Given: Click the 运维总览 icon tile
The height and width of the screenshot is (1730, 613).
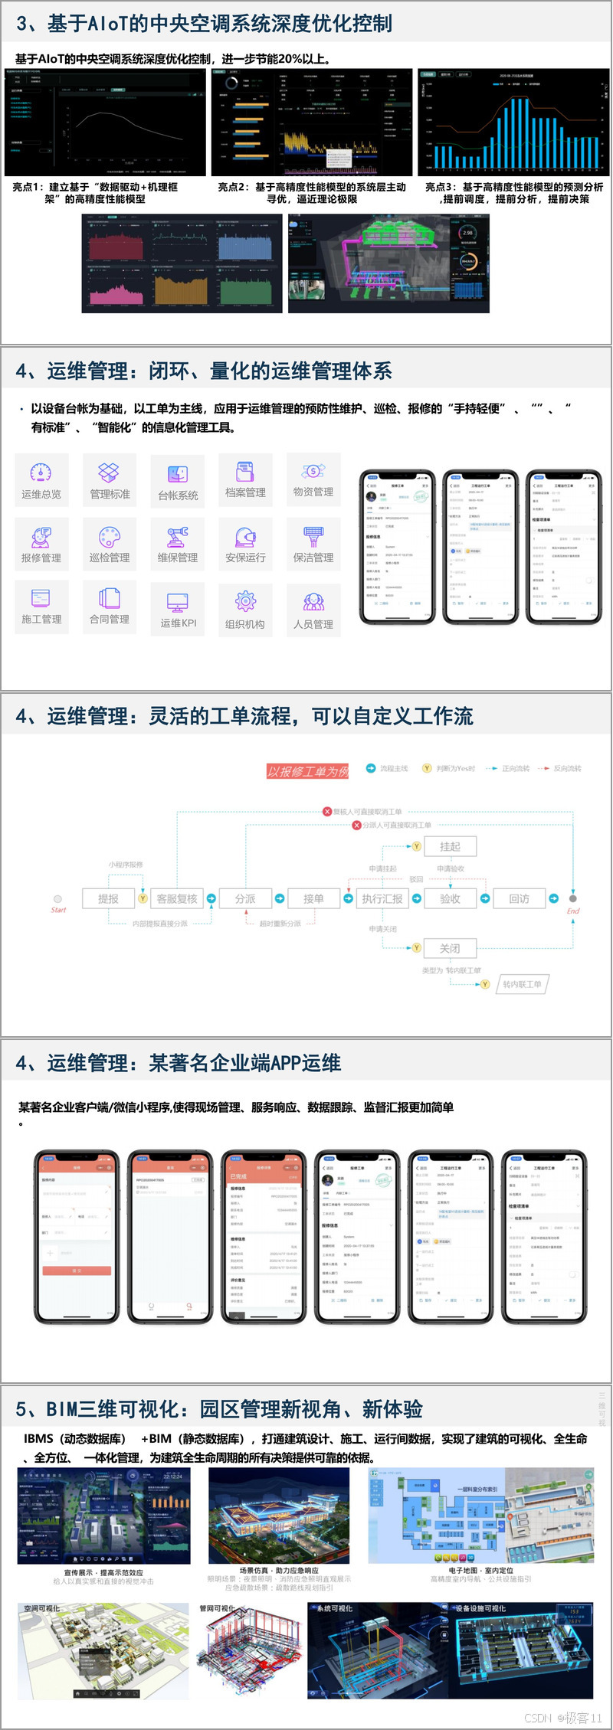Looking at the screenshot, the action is (x=41, y=480).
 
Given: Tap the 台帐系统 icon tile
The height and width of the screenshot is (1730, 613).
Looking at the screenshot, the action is (x=178, y=482).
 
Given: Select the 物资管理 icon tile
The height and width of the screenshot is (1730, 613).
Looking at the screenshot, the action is (x=313, y=479).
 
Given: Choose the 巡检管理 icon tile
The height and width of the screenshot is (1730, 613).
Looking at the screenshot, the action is (x=110, y=544).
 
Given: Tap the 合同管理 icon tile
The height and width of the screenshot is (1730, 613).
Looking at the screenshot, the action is (x=110, y=606).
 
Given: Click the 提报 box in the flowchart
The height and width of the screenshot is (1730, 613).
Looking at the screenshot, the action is (x=108, y=899).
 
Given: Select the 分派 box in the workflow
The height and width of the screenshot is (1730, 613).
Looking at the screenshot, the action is (x=245, y=899).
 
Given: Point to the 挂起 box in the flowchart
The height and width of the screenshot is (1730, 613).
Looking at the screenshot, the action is (x=450, y=846).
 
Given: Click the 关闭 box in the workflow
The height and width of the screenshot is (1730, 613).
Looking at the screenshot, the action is (x=450, y=948).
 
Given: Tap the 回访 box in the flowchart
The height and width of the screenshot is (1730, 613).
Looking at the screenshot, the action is (x=520, y=899).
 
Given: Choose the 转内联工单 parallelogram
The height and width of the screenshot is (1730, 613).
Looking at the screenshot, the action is (x=522, y=984).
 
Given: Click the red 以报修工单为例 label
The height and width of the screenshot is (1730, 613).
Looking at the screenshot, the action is (x=308, y=771).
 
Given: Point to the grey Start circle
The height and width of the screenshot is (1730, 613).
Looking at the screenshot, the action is (x=57, y=899).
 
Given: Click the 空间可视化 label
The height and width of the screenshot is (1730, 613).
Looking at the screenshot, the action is (x=41, y=1609).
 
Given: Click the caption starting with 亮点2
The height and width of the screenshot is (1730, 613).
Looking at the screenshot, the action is (x=312, y=193).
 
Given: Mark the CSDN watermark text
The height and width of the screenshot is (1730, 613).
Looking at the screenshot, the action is (x=563, y=1718).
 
